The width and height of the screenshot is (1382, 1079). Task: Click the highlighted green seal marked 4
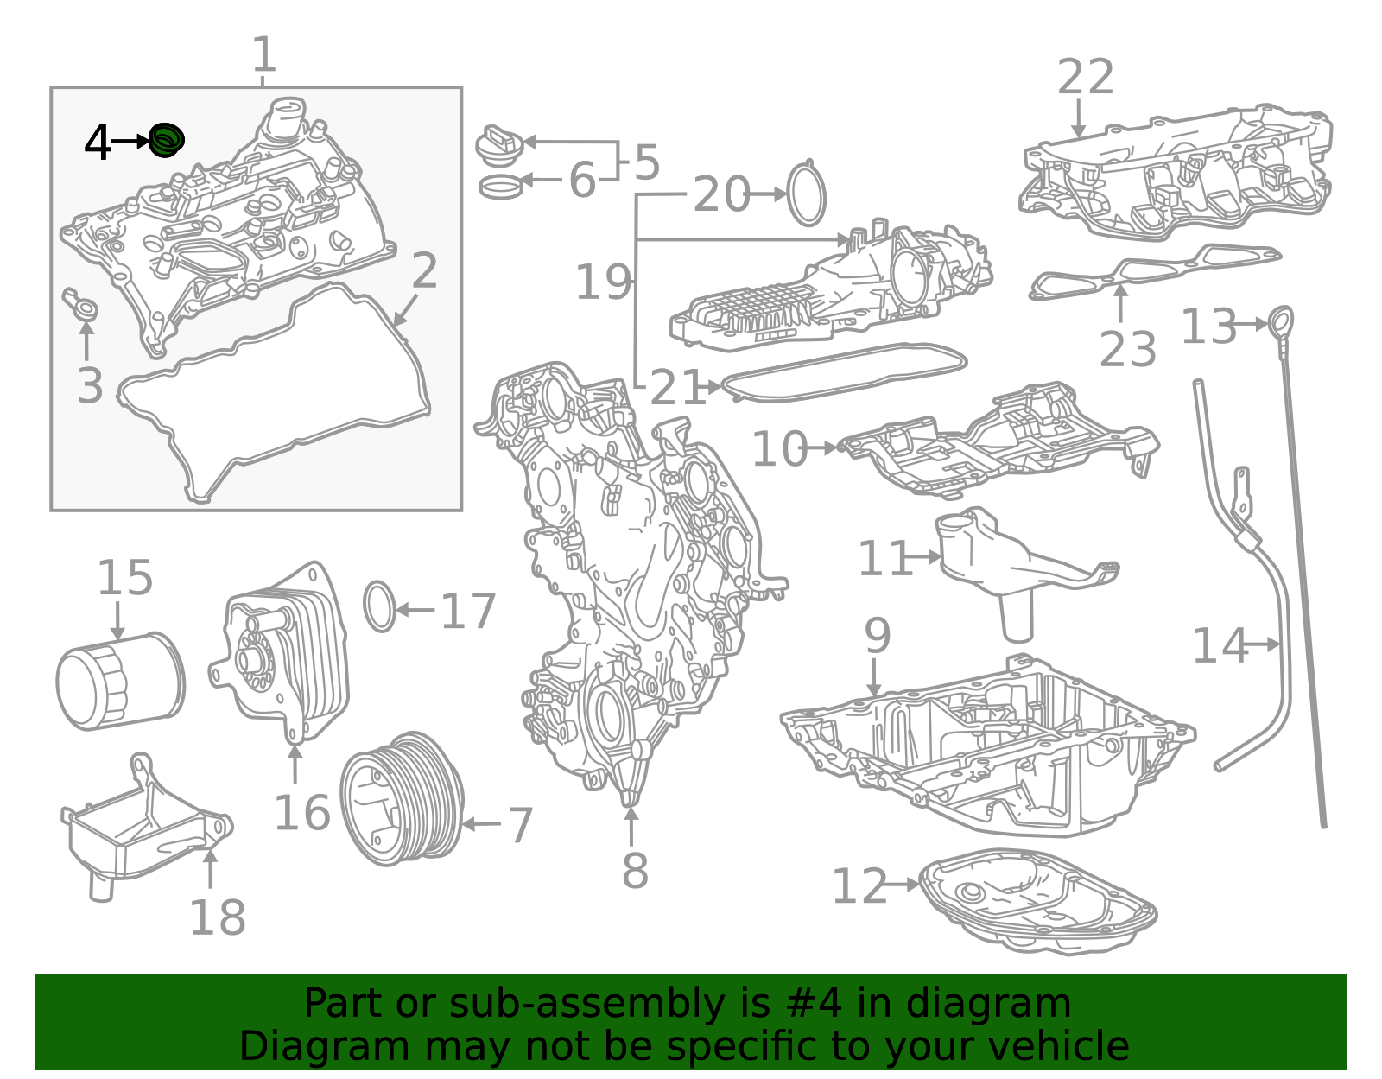166,140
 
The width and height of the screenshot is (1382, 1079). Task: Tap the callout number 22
1085,78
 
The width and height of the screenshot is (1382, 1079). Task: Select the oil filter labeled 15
120,681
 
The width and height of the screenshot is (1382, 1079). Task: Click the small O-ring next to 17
379,606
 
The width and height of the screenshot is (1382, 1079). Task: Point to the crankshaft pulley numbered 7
402,797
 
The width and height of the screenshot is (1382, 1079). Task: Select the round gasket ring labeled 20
807,195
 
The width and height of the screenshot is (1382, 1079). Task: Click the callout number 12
859,886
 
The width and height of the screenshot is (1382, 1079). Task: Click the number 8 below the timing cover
635,870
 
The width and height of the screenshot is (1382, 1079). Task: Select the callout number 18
217,917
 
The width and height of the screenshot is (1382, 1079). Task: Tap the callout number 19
603,282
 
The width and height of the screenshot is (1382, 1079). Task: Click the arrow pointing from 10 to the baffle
822,447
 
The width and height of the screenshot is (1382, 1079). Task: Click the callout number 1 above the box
263,55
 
